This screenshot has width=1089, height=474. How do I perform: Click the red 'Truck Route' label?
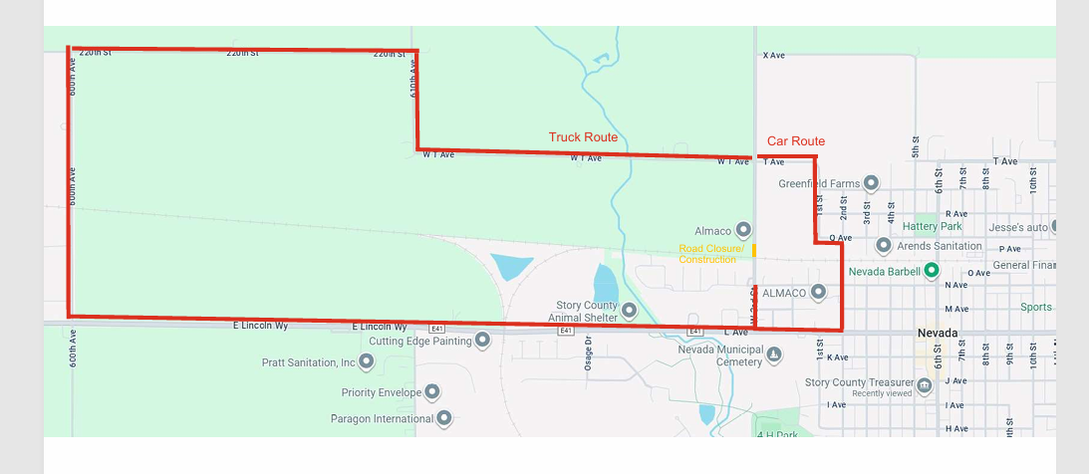click(583, 137)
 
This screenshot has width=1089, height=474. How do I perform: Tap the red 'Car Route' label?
click(795, 141)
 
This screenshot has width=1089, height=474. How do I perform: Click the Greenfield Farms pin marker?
click(871, 183)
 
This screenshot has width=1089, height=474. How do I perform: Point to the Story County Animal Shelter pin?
click(629, 312)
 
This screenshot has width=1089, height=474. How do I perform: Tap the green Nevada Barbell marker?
click(931, 270)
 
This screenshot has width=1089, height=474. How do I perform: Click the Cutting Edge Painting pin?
click(483, 341)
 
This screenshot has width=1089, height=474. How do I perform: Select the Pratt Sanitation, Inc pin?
click(366, 362)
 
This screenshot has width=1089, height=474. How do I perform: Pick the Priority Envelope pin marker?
click(432, 392)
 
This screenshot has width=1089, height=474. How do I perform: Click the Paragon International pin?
click(444, 419)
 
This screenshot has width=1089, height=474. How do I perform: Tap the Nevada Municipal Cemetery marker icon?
click(773, 355)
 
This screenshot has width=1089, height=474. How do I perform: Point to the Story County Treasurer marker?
click(925, 384)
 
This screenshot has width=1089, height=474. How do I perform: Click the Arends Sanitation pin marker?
click(883, 245)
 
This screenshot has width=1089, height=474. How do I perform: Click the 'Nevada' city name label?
click(938, 333)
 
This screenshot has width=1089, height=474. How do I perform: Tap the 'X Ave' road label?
click(773, 56)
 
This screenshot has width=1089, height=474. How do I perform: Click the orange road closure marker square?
click(754, 249)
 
